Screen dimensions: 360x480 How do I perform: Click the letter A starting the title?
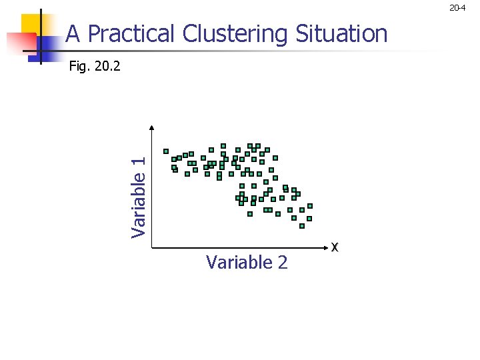point(73,33)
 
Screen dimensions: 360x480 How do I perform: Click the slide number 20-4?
point(457,8)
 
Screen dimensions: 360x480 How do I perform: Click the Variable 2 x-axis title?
point(247,263)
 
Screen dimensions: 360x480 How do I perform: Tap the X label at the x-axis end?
point(335,247)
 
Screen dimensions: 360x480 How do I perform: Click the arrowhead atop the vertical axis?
point(152,129)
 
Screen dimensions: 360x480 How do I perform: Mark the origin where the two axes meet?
point(152,248)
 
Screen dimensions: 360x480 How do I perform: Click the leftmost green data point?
point(166,151)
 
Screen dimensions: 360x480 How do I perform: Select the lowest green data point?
point(302,226)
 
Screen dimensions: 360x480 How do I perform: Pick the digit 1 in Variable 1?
point(138,161)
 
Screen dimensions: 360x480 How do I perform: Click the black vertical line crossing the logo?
point(41,37)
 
